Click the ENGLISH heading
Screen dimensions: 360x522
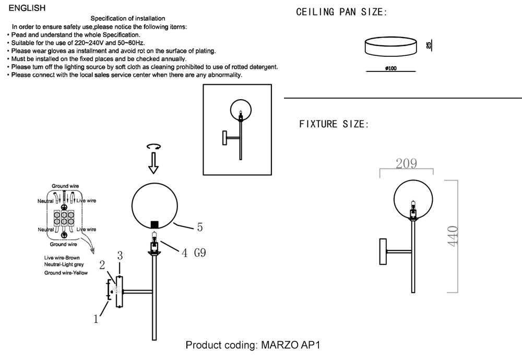[x=27, y=8]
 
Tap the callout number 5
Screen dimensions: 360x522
[x=199, y=227]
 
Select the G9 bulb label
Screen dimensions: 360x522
[x=200, y=253]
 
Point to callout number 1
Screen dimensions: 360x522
[x=96, y=319]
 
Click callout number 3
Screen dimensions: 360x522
[x=120, y=256]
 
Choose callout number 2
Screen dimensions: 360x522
[x=103, y=265]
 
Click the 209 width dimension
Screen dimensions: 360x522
[x=406, y=163]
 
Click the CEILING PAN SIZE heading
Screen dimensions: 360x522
[x=342, y=12]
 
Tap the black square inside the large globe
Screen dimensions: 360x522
[x=155, y=224]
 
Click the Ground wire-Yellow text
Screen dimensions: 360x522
[x=66, y=273]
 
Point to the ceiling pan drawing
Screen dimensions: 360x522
[x=390, y=46]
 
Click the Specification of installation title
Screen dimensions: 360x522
[x=128, y=19]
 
